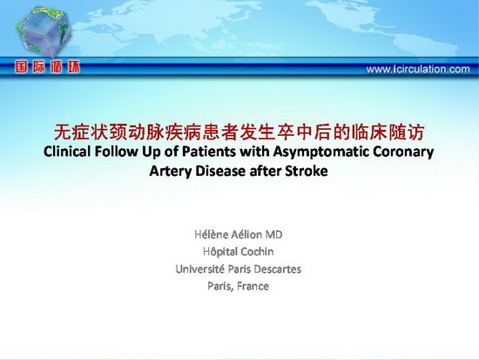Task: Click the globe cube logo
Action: (44, 32)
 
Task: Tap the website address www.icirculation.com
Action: (418, 69)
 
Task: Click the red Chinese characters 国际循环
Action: (48, 66)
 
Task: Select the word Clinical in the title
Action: (67, 152)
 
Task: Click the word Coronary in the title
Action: (403, 153)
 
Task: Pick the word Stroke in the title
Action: (306, 171)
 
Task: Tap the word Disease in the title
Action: (220, 171)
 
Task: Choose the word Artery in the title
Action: (170, 172)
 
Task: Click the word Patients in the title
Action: (209, 152)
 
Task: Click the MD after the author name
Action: (273, 234)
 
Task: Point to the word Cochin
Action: (258, 252)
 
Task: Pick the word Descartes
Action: (277, 269)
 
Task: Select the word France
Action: (253, 286)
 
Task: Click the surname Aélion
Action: (246, 234)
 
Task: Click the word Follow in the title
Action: (117, 152)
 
